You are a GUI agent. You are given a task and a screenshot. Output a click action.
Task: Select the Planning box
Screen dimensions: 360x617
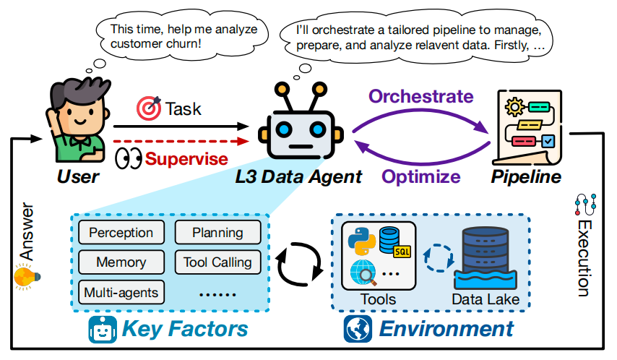[217, 233]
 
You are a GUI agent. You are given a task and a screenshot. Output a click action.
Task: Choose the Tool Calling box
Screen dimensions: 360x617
[217, 262]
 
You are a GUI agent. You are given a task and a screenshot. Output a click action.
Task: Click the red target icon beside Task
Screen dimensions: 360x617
[149, 109]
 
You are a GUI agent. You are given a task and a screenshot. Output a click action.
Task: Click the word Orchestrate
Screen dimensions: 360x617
[422, 96]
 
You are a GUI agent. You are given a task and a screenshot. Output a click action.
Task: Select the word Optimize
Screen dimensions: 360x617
[421, 176]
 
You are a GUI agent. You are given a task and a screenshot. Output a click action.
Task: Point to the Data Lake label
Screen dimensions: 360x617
[485, 298]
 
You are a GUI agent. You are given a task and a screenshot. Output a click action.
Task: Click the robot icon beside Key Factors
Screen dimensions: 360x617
[103, 330]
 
